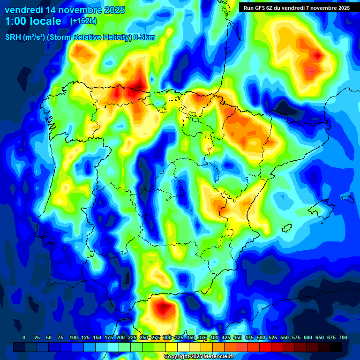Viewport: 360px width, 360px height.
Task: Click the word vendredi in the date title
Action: point(24,10)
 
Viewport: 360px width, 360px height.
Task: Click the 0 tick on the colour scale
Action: point(24,337)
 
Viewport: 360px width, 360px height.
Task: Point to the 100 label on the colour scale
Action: point(73,337)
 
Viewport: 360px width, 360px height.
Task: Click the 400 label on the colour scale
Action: point(214,337)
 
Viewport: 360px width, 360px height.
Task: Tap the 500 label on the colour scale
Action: point(261,337)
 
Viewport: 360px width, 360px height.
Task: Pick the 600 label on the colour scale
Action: point(307,337)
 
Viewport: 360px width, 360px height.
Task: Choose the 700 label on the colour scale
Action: point(343,337)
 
